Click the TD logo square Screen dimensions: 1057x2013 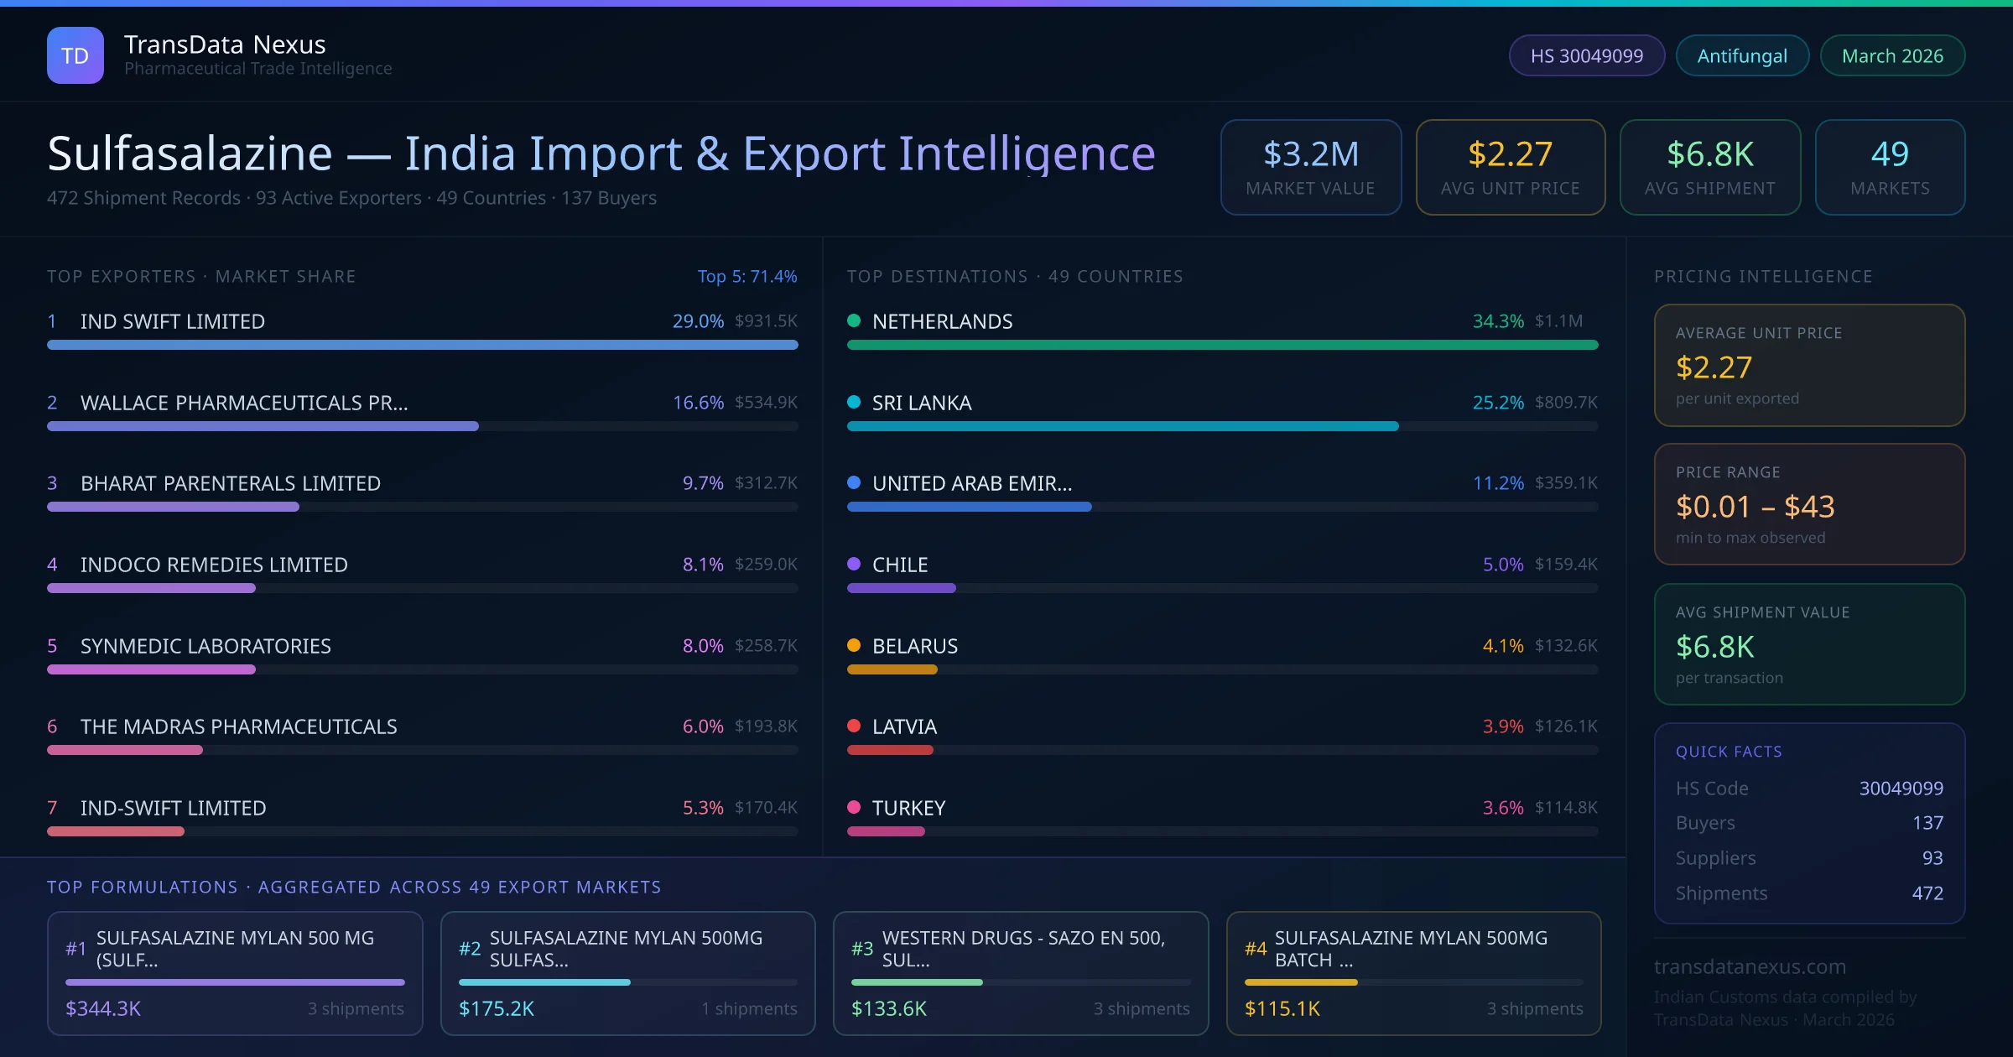[75, 55]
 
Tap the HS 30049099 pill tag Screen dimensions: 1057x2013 [1586, 55]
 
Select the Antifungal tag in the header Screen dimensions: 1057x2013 [1742, 55]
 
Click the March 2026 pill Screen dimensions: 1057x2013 [1892, 55]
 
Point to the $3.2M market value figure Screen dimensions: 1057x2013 [1310, 154]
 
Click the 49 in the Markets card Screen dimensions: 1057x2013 [1890, 154]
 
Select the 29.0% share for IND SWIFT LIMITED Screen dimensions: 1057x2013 [698, 321]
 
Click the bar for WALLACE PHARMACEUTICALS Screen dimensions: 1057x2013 [263, 426]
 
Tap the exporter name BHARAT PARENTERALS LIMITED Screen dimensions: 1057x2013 [231, 483]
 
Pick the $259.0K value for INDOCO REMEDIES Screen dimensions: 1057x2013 [766, 565]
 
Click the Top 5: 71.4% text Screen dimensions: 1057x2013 [747, 276]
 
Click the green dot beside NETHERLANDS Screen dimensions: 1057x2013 [854, 320]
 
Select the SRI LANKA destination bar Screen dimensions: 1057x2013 [1122, 426]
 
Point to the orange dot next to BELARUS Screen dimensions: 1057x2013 [854, 645]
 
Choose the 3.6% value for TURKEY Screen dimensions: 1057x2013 [1503, 808]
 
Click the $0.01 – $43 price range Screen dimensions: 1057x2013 [1755, 507]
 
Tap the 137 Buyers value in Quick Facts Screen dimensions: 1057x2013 [1927, 823]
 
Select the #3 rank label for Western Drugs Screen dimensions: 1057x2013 [862, 949]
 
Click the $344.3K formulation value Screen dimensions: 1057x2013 [103, 1008]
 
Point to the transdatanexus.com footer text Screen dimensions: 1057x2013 [1750, 966]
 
